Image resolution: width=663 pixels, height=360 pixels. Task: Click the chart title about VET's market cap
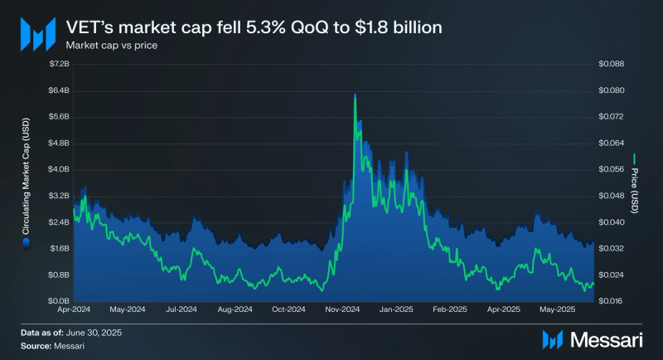[254, 27]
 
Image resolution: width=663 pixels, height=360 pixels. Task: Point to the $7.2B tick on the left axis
[59, 64]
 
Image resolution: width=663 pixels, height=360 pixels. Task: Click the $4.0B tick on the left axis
[59, 169]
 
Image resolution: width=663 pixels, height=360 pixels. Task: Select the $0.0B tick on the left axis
[59, 300]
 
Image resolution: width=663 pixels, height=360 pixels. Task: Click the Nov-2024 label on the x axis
[342, 310]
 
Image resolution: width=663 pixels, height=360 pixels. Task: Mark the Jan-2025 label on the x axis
[396, 310]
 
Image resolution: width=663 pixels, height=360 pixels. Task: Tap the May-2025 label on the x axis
[559, 310]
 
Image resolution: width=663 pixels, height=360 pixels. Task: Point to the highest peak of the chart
[355, 95]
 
